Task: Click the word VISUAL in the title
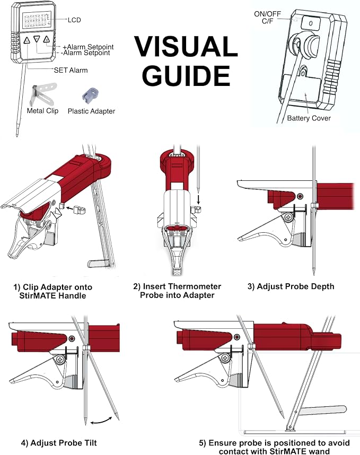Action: click(x=186, y=47)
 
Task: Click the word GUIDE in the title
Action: click(x=186, y=75)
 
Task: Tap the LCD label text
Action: click(x=74, y=20)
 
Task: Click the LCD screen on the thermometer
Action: click(x=37, y=20)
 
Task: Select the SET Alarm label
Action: click(x=71, y=70)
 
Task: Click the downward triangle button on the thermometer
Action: click(x=37, y=39)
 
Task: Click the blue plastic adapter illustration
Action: click(x=91, y=95)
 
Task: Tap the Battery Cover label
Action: click(x=309, y=118)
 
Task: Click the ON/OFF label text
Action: click(x=267, y=14)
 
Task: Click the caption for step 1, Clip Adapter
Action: click(x=53, y=291)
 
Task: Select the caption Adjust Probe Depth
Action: click(x=291, y=286)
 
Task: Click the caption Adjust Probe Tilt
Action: click(x=59, y=443)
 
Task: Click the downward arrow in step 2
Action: click(x=199, y=199)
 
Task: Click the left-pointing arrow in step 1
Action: click(x=69, y=208)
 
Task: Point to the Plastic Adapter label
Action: click(x=91, y=111)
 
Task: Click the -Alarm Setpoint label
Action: click(x=85, y=53)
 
